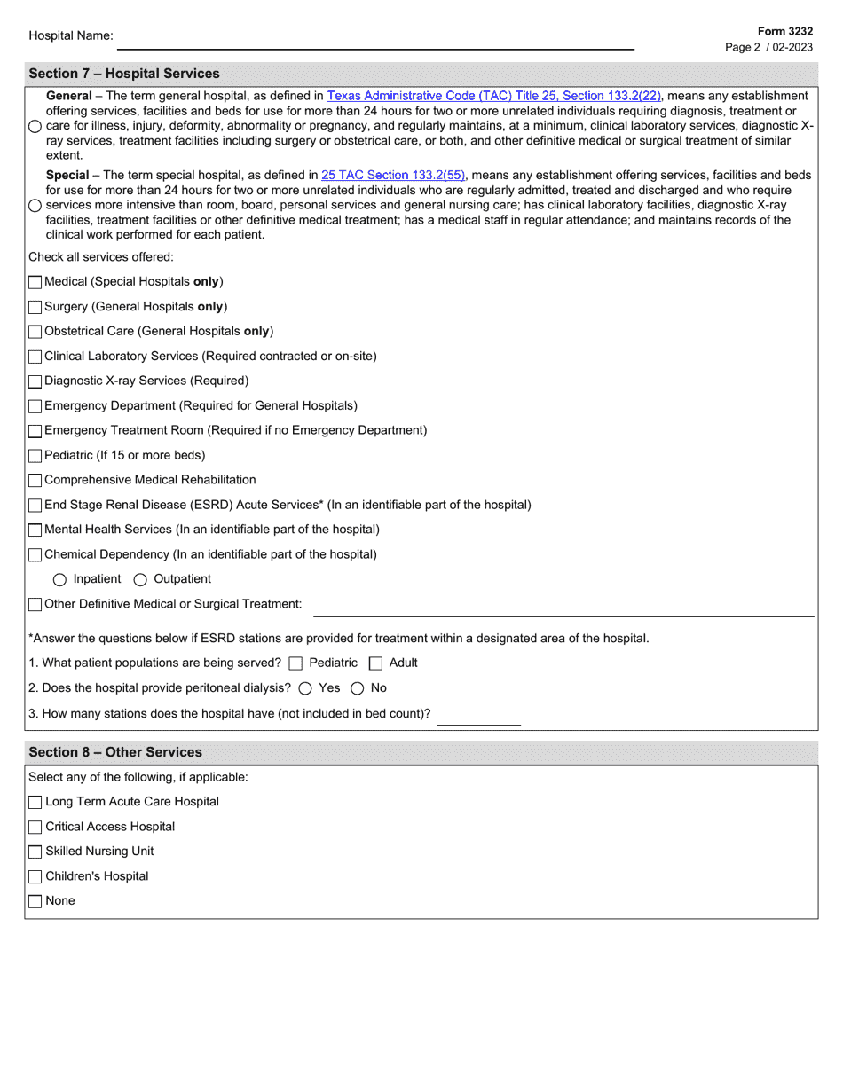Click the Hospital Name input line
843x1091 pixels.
click(375, 38)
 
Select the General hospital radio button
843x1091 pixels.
click(35, 126)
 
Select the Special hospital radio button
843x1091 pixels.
click(35, 206)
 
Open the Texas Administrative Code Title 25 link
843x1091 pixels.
click(494, 96)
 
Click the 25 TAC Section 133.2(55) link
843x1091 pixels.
click(393, 176)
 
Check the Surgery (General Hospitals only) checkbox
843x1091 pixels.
click(35, 307)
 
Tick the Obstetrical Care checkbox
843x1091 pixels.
click(35, 332)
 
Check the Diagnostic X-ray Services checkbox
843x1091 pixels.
click(35, 381)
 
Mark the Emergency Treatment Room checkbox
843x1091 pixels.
click(35, 431)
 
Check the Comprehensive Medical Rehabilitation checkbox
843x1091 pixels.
click(35, 481)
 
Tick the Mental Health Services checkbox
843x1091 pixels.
click(35, 530)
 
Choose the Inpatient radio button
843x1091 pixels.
click(59, 580)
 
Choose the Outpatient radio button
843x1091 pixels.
click(140, 580)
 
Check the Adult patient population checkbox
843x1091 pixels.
click(375, 663)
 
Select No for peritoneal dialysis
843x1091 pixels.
click(358, 688)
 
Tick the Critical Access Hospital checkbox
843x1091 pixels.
click(35, 828)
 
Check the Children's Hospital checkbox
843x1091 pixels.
click(35, 877)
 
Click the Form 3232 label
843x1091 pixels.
click(784, 31)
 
